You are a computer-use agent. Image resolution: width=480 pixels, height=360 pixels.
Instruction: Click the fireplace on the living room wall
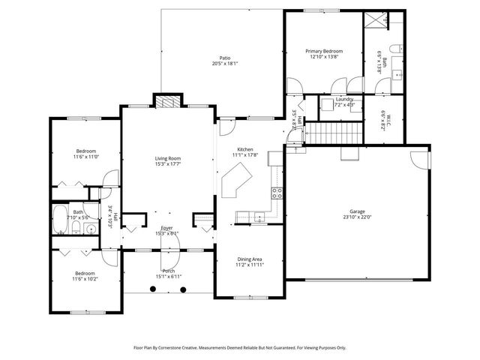167,103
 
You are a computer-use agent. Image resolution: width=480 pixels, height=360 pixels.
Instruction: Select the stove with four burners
276,191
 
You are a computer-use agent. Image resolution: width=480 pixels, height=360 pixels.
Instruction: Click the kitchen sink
259,218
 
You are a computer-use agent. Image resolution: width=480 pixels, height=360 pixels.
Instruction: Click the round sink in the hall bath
89,229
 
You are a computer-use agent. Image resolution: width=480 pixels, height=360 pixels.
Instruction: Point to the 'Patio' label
224,58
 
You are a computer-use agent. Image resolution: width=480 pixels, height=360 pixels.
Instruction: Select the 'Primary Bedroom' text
323,51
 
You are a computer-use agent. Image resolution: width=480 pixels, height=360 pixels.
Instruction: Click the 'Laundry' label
344,99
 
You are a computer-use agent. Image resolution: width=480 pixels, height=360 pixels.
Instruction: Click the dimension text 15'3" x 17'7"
167,165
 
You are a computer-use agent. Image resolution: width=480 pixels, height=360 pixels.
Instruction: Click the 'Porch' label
168,271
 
